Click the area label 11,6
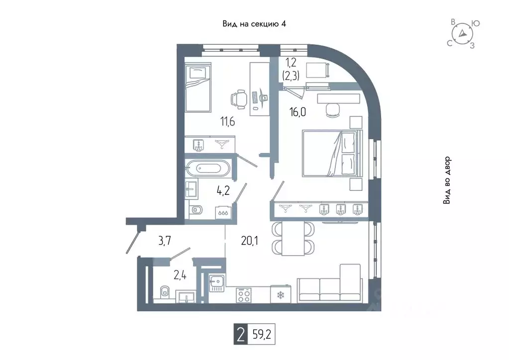coord(227,122)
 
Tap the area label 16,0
coord(298,112)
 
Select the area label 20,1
coord(250,241)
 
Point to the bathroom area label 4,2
coord(223,190)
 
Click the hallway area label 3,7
coord(165,241)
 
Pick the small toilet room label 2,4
coord(180,275)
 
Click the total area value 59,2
coord(262,334)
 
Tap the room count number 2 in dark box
coord(240,334)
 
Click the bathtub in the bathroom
coord(208,169)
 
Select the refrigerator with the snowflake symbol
coord(281,294)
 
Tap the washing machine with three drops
coord(223,213)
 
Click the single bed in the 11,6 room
coord(198,88)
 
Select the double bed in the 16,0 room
coord(331,154)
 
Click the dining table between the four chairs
coord(293,238)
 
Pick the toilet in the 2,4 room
coord(165,291)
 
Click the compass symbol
coord(462,34)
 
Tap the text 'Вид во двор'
coord(447,180)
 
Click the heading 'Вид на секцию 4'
coord(254,24)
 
